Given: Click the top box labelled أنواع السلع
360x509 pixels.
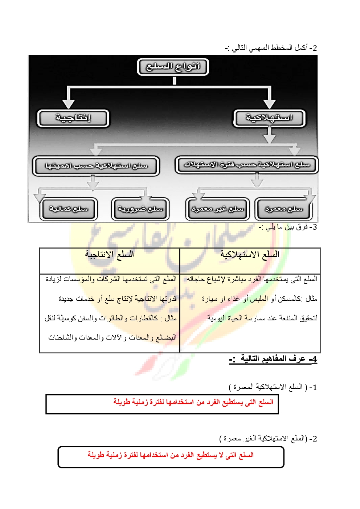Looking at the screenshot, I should [173, 67].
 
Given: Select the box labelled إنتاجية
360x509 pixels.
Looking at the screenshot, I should [73, 118].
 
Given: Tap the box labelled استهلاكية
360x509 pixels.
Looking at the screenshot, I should [269, 118].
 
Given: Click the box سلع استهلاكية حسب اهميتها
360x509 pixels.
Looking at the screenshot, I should [96, 166].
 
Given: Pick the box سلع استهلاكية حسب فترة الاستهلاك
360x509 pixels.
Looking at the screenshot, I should [246, 165].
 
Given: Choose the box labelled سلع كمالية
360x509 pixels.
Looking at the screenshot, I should [69, 209].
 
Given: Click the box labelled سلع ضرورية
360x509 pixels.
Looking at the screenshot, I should [140, 209].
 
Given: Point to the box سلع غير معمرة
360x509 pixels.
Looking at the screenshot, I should [217, 209].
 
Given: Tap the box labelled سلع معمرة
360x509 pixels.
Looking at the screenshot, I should [283, 209].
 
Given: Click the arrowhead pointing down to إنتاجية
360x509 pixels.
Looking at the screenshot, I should [68, 103].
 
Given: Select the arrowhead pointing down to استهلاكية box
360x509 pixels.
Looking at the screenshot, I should [269, 103].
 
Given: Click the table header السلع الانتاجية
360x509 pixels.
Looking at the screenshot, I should [110, 255].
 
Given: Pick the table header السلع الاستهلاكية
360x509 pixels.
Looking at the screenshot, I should [250, 255].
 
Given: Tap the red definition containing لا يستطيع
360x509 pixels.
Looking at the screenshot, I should [171, 455].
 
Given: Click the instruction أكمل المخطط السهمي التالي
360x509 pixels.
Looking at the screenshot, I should [271, 48].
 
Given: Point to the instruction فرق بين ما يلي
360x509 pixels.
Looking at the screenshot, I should [288, 227].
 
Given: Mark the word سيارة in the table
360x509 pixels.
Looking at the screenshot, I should [210, 299].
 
